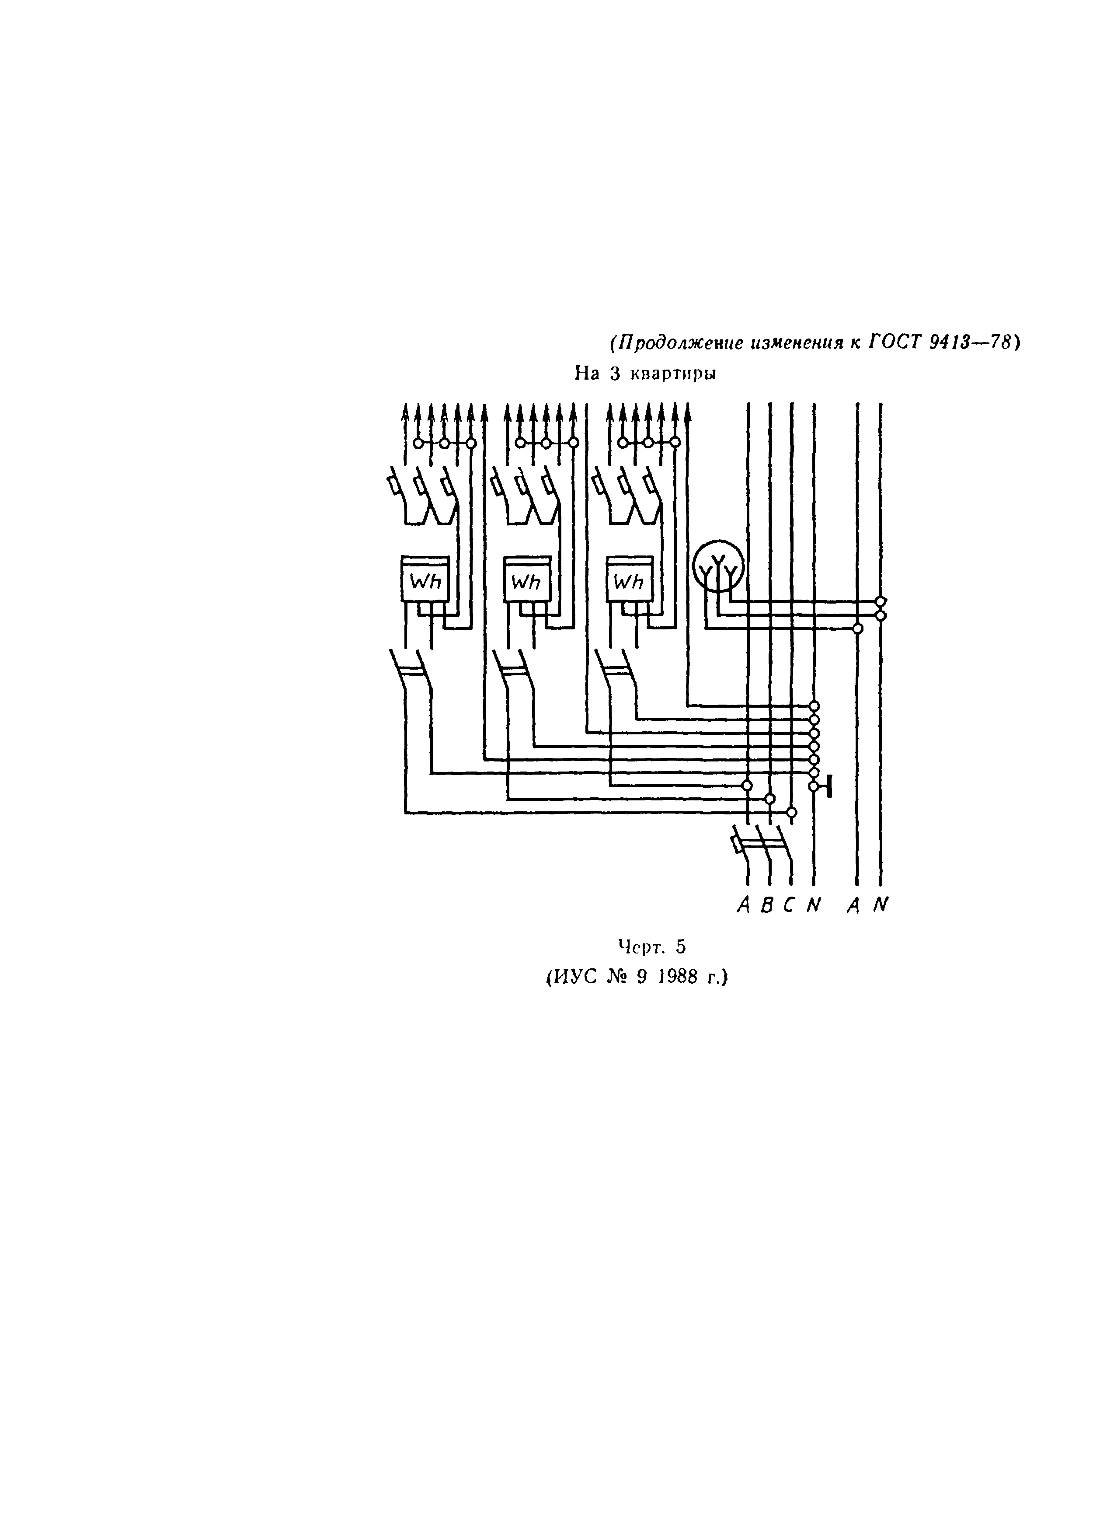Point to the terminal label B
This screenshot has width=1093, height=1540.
[766, 906]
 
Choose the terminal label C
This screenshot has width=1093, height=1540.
[789, 906]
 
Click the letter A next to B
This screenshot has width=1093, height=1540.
[744, 906]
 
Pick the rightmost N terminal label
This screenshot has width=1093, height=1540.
[881, 906]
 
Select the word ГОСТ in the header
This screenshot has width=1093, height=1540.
[892, 343]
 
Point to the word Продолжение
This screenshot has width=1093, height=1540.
[676, 343]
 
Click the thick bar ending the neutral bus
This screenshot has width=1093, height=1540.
[830, 786]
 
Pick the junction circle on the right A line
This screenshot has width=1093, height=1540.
[857, 628]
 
